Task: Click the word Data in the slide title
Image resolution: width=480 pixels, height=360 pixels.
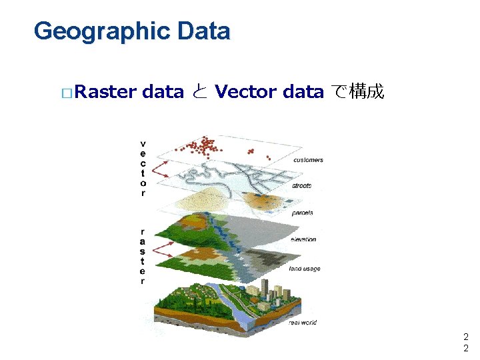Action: click(x=203, y=31)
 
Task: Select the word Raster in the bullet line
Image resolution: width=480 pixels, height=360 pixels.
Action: click(x=106, y=91)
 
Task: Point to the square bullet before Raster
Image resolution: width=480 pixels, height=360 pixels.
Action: click(x=65, y=92)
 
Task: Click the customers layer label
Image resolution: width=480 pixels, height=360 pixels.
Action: click(x=308, y=160)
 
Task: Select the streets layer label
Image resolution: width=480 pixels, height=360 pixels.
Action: click(x=301, y=186)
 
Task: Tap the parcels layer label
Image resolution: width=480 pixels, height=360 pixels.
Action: click(x=302, y=213)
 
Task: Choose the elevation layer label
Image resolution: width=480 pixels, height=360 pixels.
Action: click(x=303, y=239)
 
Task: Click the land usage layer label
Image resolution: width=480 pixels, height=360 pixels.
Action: click(x=305, y=269)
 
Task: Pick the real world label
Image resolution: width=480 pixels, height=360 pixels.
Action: click(x=303, y=323)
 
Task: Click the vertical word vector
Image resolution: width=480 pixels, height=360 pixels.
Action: click(x=143, y=168)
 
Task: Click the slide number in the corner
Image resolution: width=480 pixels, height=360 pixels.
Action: click(x=466, y=343)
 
